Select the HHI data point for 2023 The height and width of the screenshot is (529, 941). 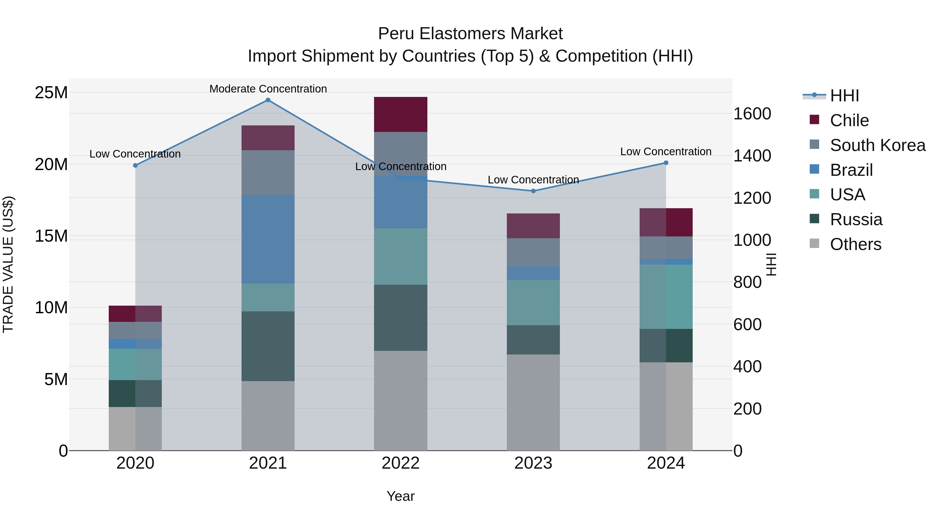[x=533, y=191]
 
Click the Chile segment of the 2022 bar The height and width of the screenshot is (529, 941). [x=400, y=114]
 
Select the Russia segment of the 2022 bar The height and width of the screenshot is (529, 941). [x=400, y=318]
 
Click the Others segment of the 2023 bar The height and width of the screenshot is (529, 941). [x=533, y=402]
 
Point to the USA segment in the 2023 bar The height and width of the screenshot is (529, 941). [x=533, y=303]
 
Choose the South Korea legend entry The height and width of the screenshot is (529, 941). [x=877, y=145]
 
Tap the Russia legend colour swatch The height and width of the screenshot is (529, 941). [x=814, y=219]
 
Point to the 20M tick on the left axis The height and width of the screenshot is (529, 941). [x=51, y=164]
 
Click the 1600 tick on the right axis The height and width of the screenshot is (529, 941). [x=752, y=114]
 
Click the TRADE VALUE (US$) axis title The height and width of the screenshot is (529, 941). [x=8, y=264]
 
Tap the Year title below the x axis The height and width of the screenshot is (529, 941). [x=400, y=496]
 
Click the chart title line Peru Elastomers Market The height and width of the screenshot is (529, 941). [x=470, y=34]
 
